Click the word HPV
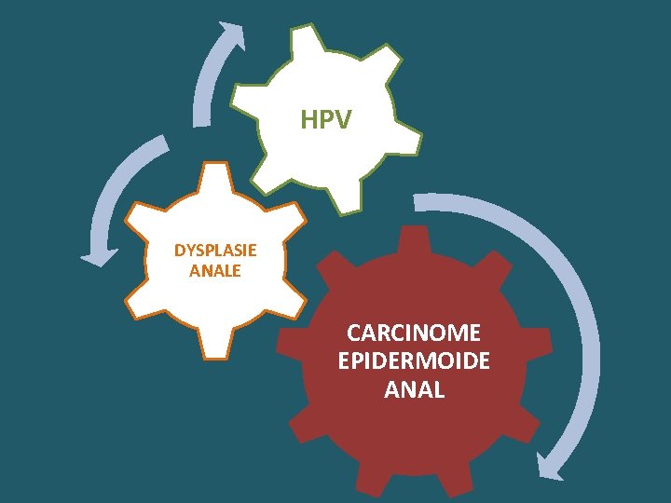[x=326, y=120]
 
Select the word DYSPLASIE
[x=215, y=251]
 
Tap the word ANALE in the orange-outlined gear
[x=215, y=271]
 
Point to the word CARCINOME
[x=414, y=333]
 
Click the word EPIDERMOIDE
[x=414, y=361]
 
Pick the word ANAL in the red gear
[x=414, y=390]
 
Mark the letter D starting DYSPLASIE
[x=180, y=251]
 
